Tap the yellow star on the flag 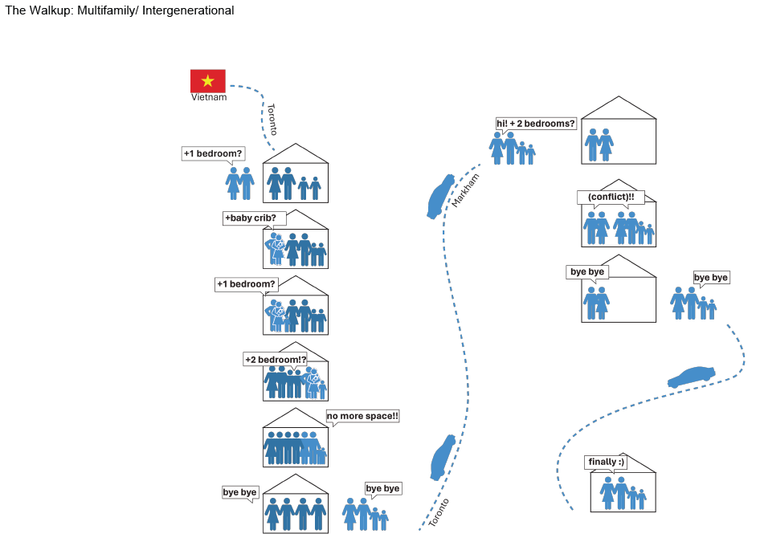(208, 80)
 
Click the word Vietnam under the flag (209, 97)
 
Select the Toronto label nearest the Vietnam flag (272, 119)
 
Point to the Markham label (460, 190)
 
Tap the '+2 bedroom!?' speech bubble (276, 360)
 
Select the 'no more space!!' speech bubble (362, 416)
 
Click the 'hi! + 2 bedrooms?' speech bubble (536, 124)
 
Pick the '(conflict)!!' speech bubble (611, 197)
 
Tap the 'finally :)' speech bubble (606, 462)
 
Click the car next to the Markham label (439, 196)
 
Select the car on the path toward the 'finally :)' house (691, 377)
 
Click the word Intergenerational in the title (184, 10)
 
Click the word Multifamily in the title (101, 10)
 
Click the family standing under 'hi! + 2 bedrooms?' (513, 149)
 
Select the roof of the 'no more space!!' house (296, 418)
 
